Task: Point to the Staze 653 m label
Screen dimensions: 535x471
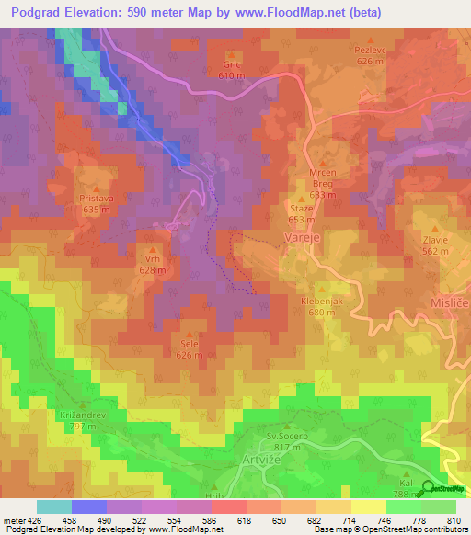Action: click(x=301, y=213)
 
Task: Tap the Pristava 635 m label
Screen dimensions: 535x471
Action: click(x=96, y=203)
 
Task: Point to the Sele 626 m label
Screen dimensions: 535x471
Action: click(x=190, y=349)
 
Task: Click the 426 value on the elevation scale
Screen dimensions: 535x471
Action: click(x=26, y=519)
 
